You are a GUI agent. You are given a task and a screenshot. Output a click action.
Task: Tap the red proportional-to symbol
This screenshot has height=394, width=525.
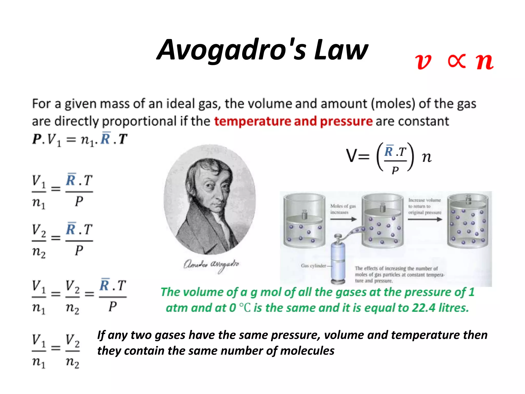click(457, 62)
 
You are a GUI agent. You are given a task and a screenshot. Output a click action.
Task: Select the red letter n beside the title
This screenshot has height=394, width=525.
click(484, 62)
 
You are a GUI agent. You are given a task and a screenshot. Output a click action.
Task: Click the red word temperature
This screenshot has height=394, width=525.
click(252, 121)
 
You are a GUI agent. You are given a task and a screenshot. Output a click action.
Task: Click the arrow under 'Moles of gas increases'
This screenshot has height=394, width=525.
click(343, 219)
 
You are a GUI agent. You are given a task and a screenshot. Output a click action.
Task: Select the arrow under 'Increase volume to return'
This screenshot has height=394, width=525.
click(425, 219)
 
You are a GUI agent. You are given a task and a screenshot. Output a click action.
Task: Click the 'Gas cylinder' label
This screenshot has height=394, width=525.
click(313, 266)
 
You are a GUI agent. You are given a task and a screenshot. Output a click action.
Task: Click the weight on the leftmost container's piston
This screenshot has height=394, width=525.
click(304, 214)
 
